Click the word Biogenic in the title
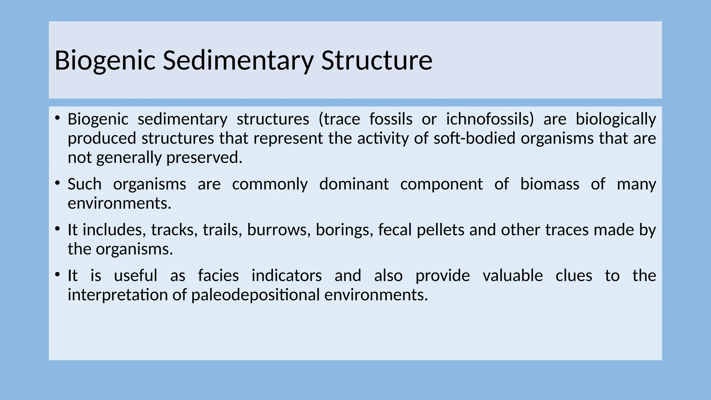[x=104, y=60]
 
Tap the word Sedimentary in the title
[x=238, y=60]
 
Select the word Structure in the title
[x=377, y=60]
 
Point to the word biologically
[x=616, y=119]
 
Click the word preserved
[x=204, y=158]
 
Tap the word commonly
[x=270, y=184]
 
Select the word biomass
[x=550, y=184]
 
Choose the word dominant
[x=354, y=184]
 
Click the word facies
[x=218, y=276]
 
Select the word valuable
[x=513, y=276]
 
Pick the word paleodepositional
[x=255, y=295]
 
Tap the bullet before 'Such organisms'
[x=58, y=183]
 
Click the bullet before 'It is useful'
[x=58, y=274]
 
